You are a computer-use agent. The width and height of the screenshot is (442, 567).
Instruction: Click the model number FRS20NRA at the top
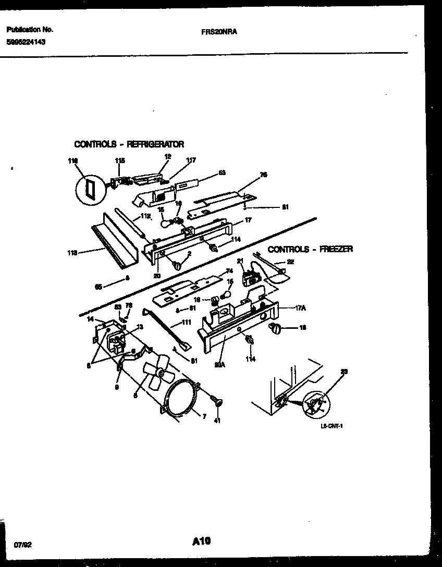pyautogui.click(x=219, y=31)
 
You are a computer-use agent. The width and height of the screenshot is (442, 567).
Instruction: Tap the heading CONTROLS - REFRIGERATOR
pyautogui.click(x=129, y=144)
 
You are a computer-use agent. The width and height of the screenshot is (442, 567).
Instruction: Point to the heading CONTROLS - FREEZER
pyautogui.click(x=310, y=250)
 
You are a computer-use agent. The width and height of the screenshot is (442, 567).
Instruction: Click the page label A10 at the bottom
pyautogui.click(x=201, y=542)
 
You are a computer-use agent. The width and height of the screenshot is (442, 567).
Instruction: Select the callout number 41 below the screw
pyautogui.click(x=217, y=421)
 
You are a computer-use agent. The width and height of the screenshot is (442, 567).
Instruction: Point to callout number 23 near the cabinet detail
pyautogui.click(x=344, y=372)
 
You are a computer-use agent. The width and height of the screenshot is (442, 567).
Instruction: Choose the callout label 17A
pyautogui.click(x=300, y=309)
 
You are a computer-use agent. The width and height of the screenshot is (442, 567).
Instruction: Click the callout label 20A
pyautogui.click(x=219, y=365)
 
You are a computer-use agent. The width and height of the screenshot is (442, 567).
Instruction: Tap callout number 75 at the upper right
pyautogui.click(x=263, y=176)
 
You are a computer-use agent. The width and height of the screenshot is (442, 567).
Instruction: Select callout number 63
pyautogui.click(x=222, y=172)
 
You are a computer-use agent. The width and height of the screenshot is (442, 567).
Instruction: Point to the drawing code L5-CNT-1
pyautogui.click(x=331, y=426)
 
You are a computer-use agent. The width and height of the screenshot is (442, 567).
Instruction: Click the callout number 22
pyautogui.click(x=290, y=262)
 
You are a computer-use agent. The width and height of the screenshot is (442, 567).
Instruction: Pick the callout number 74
pyautogui.click(x=228, y=272)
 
